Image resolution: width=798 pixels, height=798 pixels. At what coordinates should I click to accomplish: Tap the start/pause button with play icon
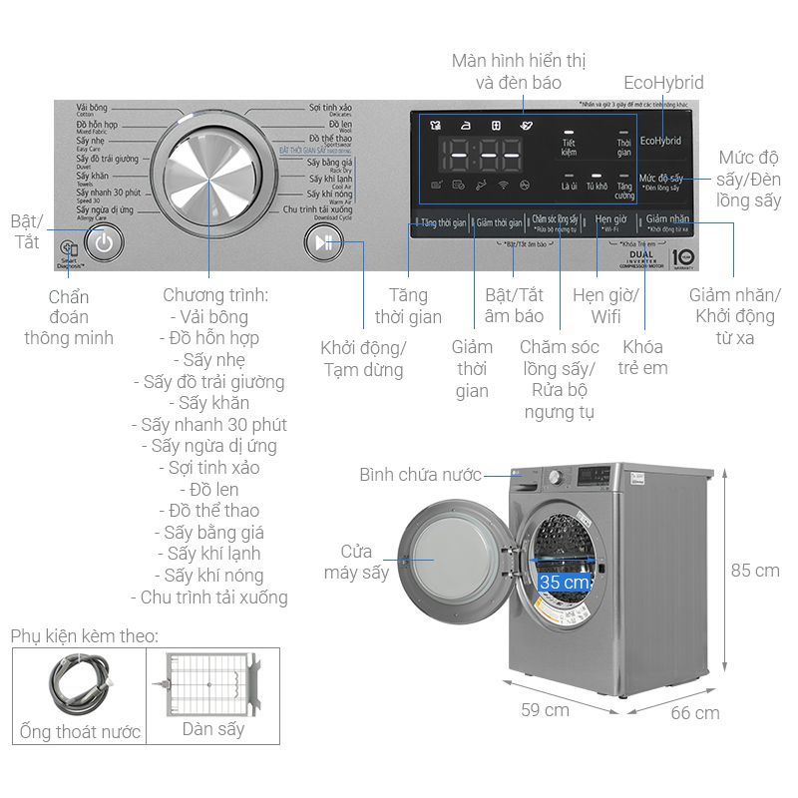(x=322, y=241)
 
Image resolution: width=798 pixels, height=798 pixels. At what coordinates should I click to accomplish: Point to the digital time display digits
(x=483, y=157)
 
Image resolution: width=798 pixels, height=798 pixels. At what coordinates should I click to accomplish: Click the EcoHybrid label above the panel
(x=663, y=83)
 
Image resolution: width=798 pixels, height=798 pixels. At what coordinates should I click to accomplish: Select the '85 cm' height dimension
(x=754, y=571)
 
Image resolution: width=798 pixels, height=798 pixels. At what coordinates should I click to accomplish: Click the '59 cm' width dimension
(x=544, y=709)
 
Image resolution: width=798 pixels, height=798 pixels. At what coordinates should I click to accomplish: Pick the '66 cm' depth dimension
(x=694, y=712)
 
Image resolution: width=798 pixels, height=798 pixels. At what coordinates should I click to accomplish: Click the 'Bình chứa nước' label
(x=420, y=475)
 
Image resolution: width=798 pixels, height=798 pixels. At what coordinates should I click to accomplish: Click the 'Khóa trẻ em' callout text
(x=644, y=357)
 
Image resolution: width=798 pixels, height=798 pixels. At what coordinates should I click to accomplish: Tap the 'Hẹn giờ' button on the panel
(x=610, y=220)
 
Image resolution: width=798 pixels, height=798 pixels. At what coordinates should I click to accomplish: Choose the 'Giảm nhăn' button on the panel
(x=667, y=220)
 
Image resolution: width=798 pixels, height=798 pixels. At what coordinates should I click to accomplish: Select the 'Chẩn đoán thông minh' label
(x=69, y=317)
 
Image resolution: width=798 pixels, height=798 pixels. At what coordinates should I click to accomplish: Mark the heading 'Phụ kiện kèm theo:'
(x=85, y=635)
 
